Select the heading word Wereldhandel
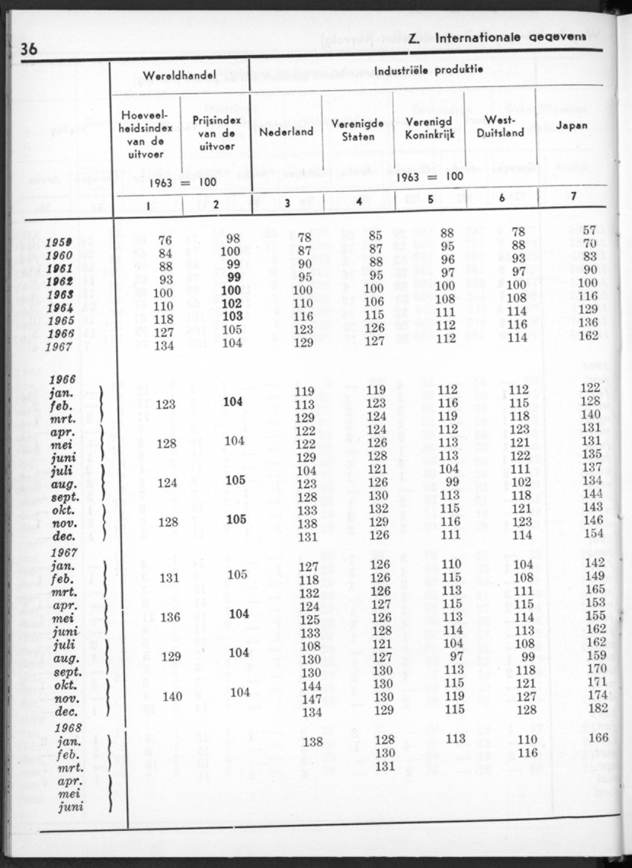tap(179, 75)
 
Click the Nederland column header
tap(286, 131)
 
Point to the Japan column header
tap(571, 125)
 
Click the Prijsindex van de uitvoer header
tap(213, 132)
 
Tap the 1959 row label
tap(58, 242)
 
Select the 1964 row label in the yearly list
tap(58, 308)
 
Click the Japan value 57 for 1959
tap(590, 231)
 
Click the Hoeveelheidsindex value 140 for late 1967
tap(172, 696)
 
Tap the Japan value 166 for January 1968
tap(598, 738)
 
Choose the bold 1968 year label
tap(64, 727)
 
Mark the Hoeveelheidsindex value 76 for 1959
tap(166, 240)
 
